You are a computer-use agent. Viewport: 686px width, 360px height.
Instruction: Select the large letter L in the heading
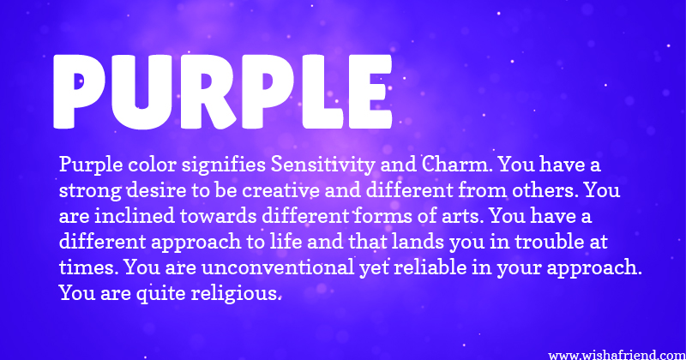click(321, 92)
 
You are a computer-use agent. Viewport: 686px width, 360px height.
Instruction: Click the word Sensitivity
click(323, 165)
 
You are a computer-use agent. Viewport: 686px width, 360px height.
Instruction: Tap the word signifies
click(224, 165)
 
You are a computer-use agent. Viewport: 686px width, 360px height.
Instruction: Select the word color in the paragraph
click(153, 165)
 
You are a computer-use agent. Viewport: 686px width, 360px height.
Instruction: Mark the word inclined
click(135, 216)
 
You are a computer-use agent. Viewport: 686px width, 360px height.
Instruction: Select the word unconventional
click(278, 267)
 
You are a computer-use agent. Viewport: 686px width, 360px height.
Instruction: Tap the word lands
click(418, 242)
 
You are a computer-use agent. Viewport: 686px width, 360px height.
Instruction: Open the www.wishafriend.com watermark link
click(617, 355)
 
